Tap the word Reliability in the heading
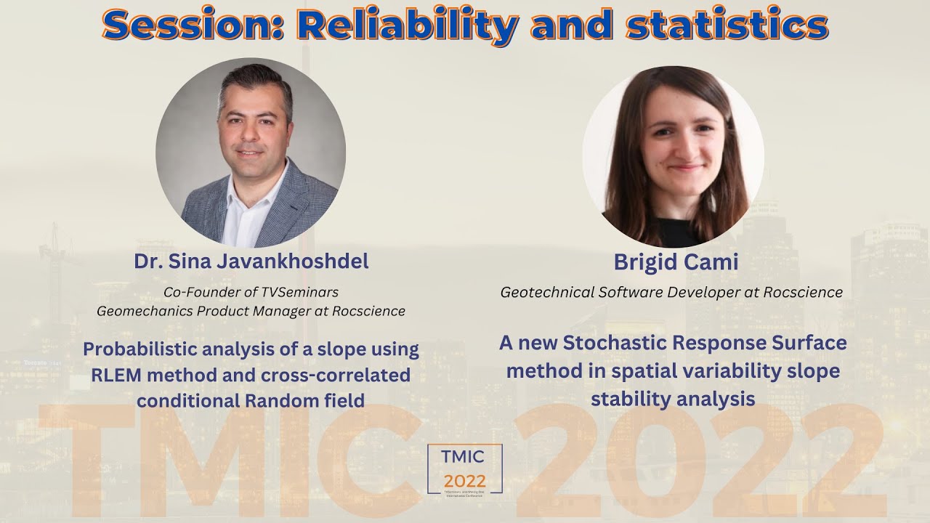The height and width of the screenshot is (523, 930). click(x=407, y=25)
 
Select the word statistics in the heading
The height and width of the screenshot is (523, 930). click(x=727, y=25)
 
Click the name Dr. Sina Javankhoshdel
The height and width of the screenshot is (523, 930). click(x=251, y=262)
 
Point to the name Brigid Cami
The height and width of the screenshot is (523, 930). click(x=676, y=262)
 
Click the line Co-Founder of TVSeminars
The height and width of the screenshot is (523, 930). click(x=251, y=292)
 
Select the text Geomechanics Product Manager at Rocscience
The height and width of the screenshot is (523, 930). click(x=251, y=311)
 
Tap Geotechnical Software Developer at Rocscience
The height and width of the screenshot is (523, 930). click(x=671, y=292)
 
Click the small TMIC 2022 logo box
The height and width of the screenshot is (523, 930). click(x=465, y=469)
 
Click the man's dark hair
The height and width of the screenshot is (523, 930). click(x=254, y=80)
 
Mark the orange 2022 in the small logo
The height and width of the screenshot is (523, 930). click(x=465, y=481)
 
